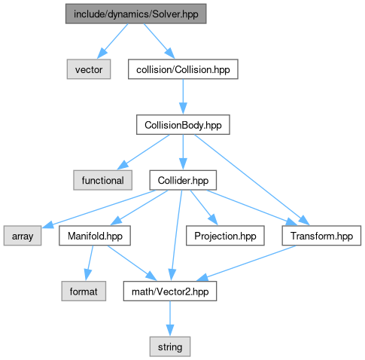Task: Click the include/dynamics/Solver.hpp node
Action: pyautogui.click(x=136, y=14)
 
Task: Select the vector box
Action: pyautogui.click(x=89, y=69)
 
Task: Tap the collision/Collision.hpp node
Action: pyautogui.click(x=183, y=69)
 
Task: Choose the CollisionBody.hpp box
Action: pyautogui.click(x=183, y=125)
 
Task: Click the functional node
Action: pyautogui.click(x=103, y=180)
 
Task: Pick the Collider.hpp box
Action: pyautogui.click(x=183, y=180)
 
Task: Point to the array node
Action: pyautogui.click(x=23, y=236)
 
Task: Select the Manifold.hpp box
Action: pyautogui.click(x=95, y=236)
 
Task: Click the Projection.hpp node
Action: pyautogui.click(x=225, y=236)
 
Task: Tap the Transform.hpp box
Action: pyautogui.click(x=321, y=236)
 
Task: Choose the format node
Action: pyautogui.click(x=84, y=291)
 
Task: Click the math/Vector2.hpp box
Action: pyautogui.click(x=170, y=291)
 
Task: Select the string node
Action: pyautogui.click(x=170, y=346)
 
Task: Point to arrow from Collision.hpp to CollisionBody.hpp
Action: pyautogui.click(x=183, y=96)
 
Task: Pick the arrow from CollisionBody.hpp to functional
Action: pyautogui.click(x=143, y=152)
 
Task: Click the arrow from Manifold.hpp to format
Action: pyautogui.click(x=89, y=263)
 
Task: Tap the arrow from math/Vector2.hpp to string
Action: pyautogui.click(x=170, y=319)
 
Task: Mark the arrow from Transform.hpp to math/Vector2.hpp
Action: pyautogui.click(x=247, y=263)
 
